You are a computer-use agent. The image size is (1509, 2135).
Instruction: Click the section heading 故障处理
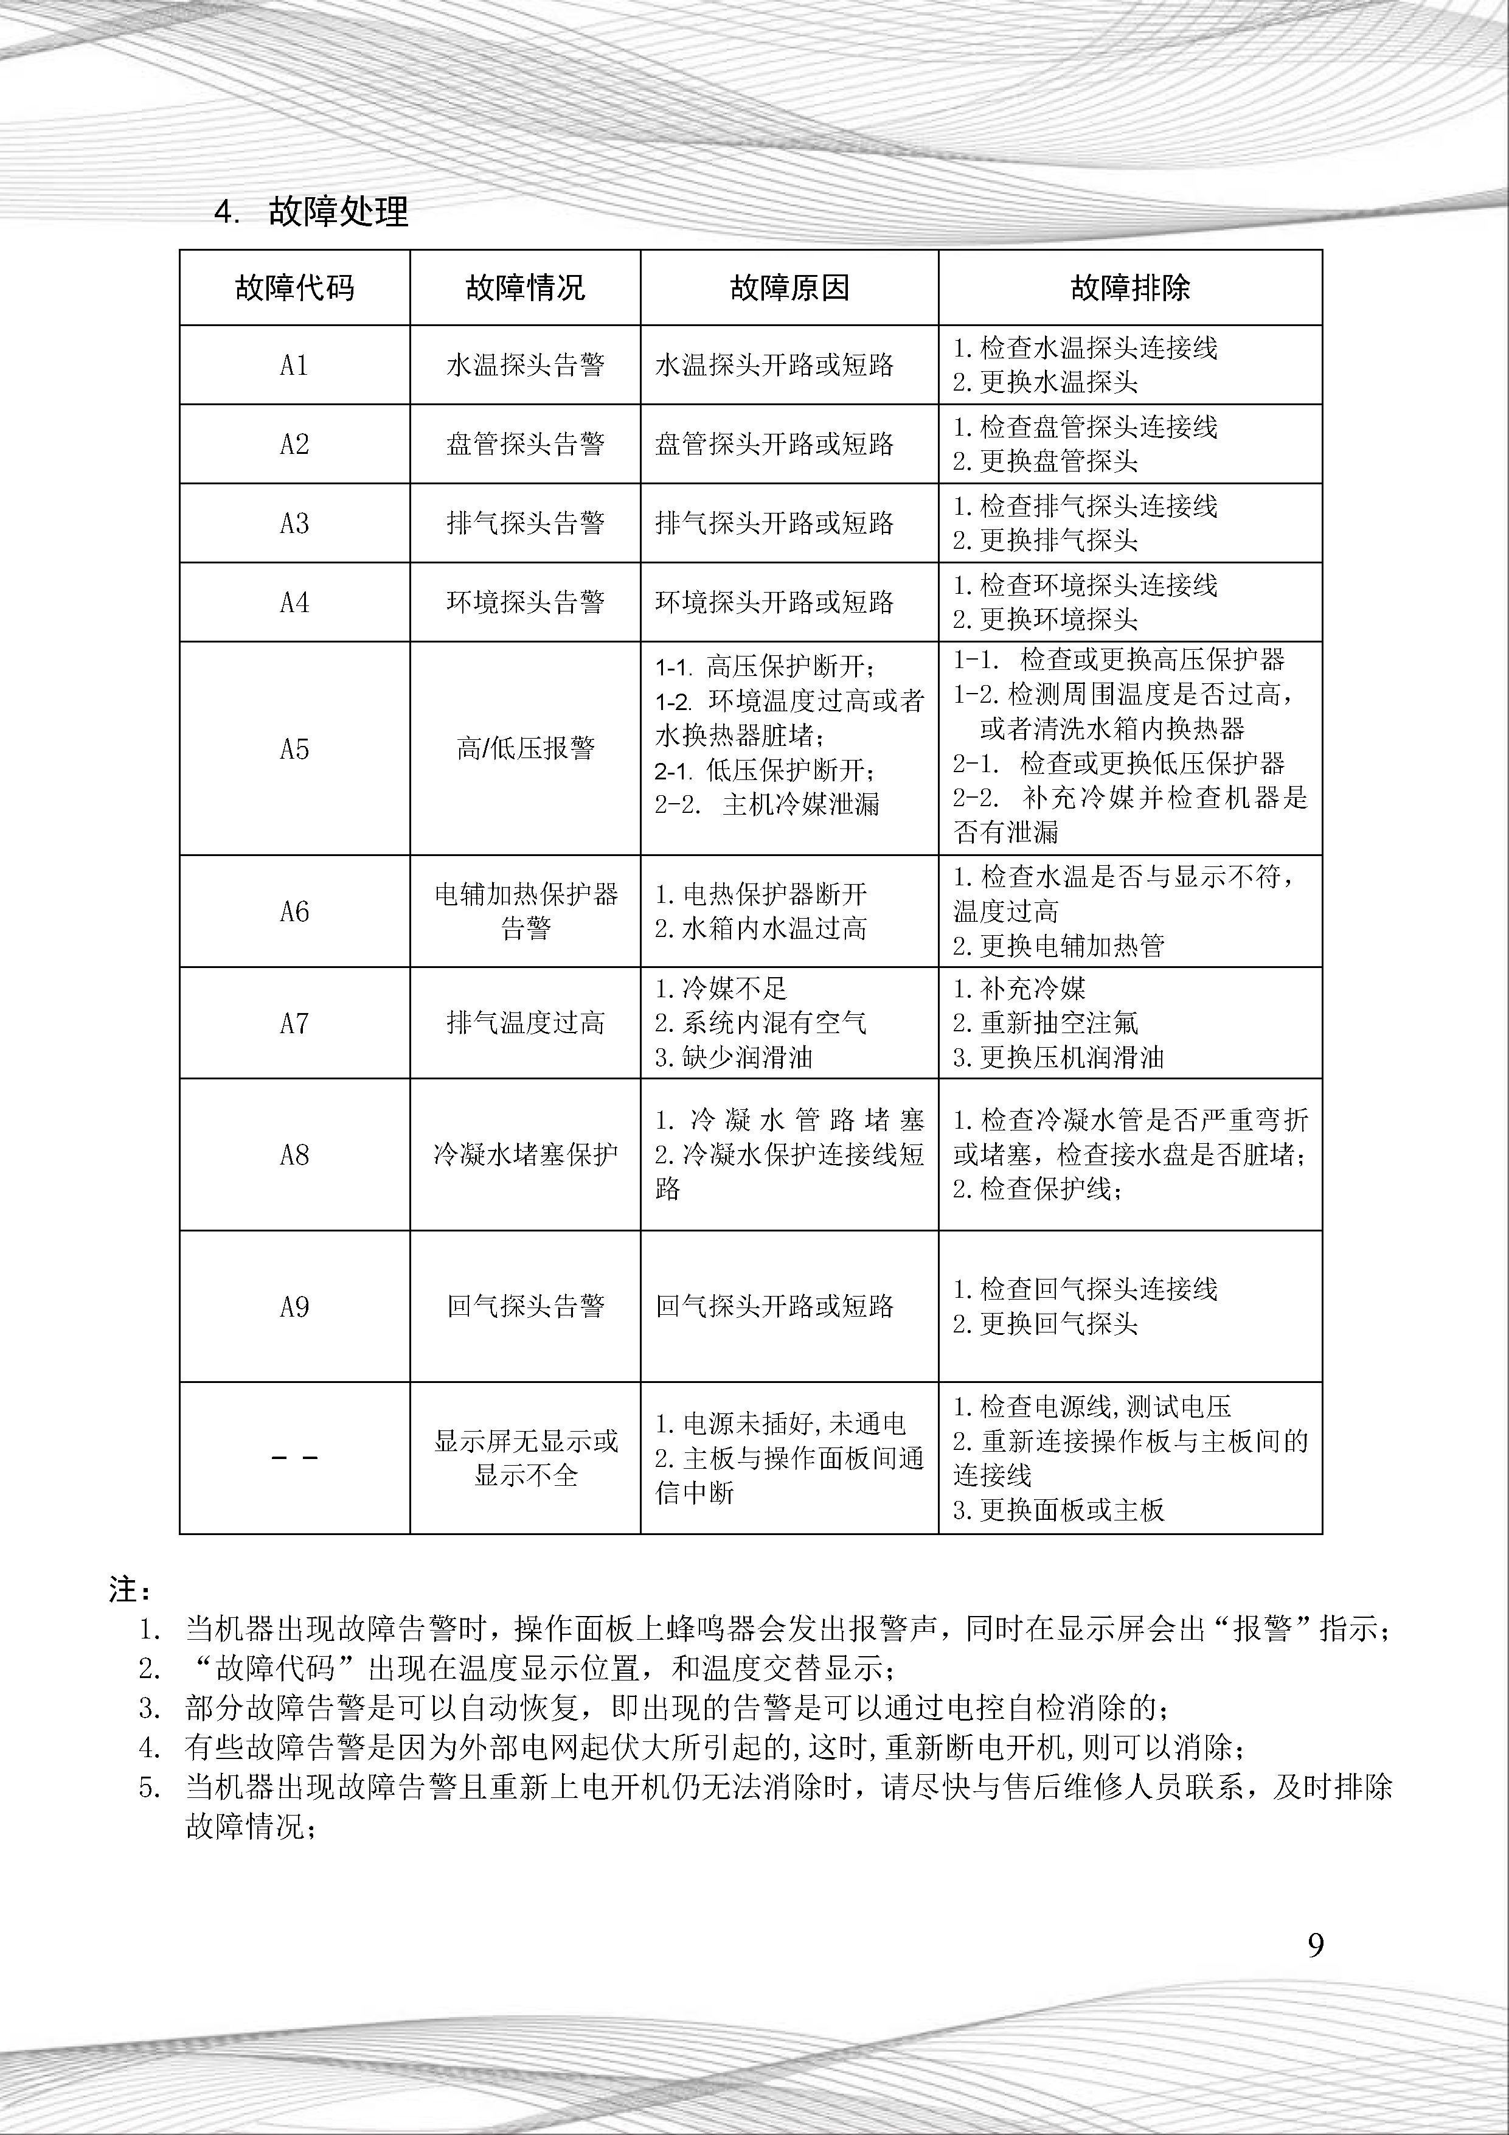coord(338,212)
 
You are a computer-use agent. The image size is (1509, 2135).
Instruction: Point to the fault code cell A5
coord(294,748)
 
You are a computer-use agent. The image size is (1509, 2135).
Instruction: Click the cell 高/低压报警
coord(526,748)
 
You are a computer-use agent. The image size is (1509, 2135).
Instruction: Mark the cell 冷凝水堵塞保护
coord(526,1155)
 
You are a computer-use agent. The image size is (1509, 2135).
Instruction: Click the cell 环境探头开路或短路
coord(774,602)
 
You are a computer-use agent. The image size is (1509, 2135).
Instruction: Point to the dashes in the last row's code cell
coord(294,1458)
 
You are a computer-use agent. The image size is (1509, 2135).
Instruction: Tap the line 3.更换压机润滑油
coord(1058,1057)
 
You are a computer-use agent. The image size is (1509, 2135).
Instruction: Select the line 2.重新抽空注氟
coord(1045,1023)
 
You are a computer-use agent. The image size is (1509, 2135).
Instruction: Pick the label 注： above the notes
coord(129,1589)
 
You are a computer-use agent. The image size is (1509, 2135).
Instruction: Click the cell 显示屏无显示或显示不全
coord(526,1458)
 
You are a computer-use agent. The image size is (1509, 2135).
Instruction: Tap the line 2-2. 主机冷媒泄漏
coord(767,804)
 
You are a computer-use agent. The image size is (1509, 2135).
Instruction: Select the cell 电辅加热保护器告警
coord(526,911)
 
